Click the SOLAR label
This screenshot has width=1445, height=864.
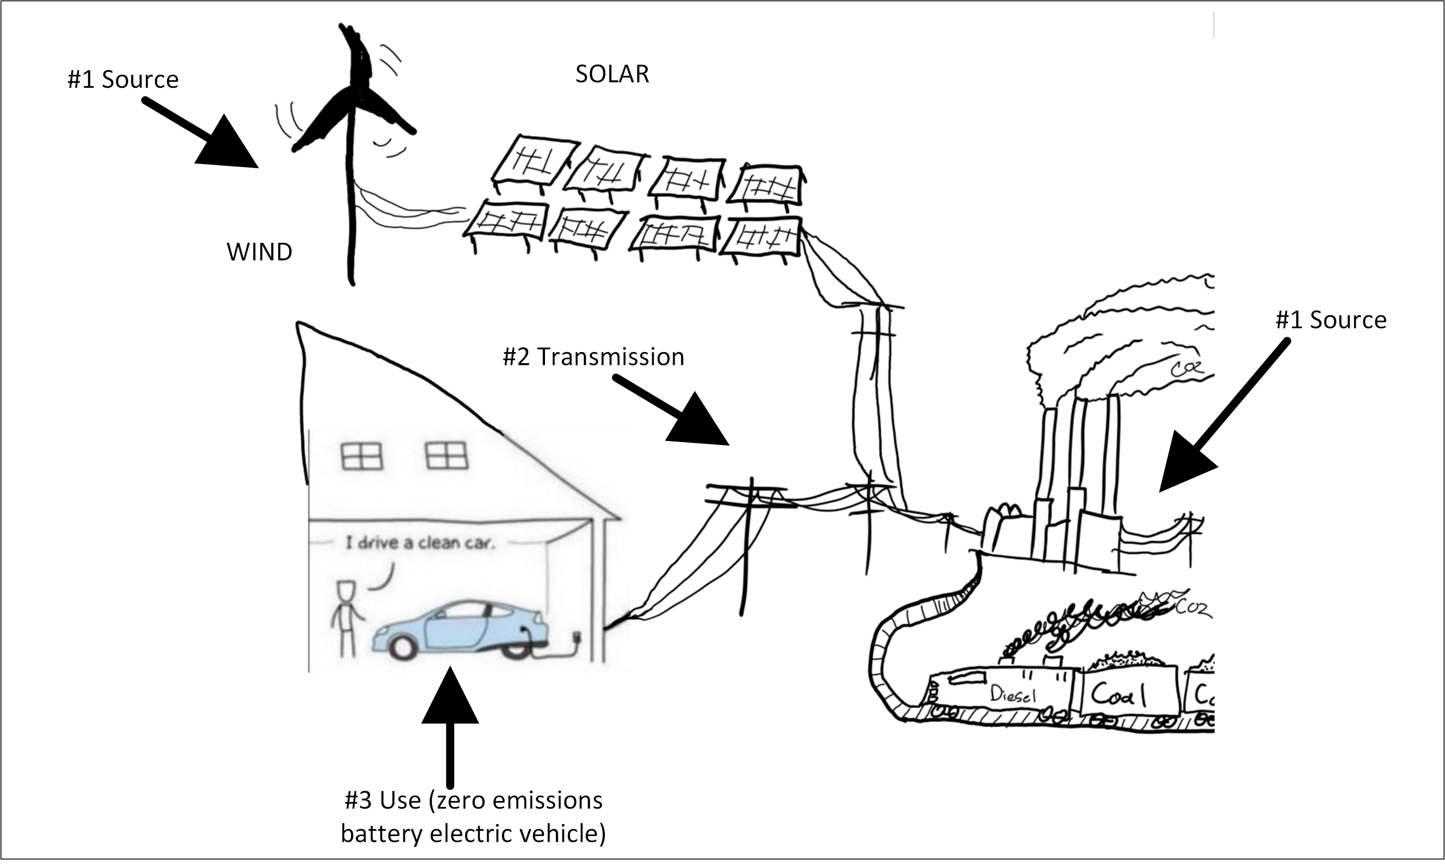point(612,74)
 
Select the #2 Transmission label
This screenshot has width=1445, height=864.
point(593,357)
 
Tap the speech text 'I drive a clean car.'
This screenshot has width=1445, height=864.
point(420,544)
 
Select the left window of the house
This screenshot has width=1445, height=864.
point(361,456)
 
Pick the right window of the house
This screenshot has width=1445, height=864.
point(446,455)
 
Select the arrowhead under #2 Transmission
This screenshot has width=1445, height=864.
point(699,422)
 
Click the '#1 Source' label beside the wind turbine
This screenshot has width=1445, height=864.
point(123,80)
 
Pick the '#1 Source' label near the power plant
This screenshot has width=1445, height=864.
point(1330,320)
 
